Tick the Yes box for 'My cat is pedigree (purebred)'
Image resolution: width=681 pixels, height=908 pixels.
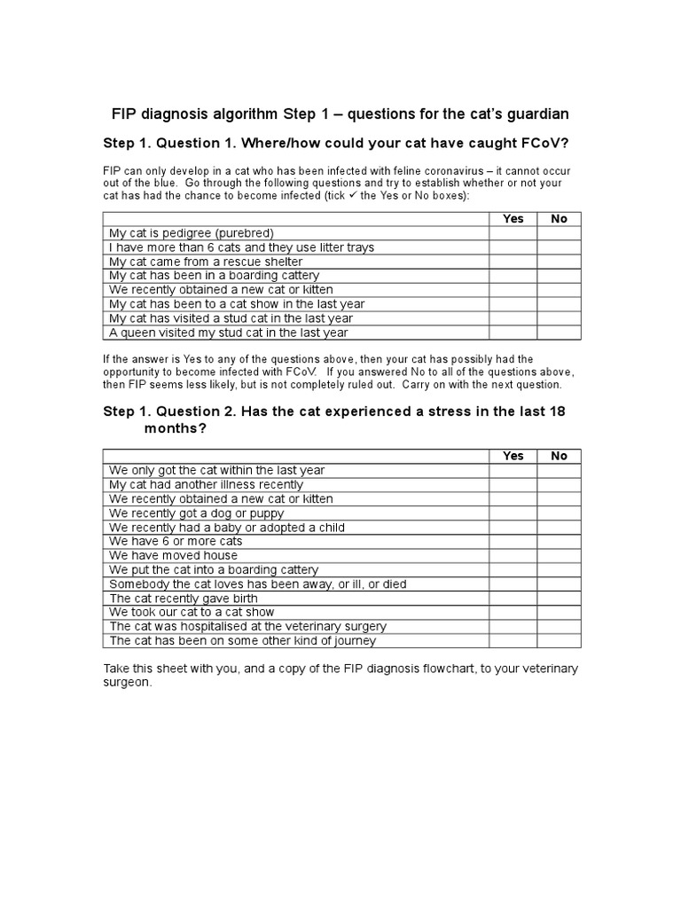[x=513, y=233]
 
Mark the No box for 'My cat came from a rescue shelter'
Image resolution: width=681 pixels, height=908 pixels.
[x=559, y=262]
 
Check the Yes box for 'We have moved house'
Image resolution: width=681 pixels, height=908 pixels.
[x=513, y=555]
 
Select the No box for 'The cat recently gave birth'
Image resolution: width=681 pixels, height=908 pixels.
[x=559, y=598]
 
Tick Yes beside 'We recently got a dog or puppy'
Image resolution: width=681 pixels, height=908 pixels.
[x=513, y=513]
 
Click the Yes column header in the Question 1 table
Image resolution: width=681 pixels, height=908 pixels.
[x=513, y=219]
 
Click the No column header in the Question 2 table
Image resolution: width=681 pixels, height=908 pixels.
[x=559, y=456]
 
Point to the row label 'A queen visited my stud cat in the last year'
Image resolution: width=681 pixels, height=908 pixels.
[x=228, y=333]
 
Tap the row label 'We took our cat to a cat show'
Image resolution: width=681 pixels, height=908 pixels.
[x=192, y=612]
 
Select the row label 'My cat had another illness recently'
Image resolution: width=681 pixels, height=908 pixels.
[x=206, y=484]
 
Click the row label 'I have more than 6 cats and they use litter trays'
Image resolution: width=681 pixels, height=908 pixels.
[x=241, y=247]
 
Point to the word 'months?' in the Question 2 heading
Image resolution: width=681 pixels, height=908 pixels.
[x=175, y=427]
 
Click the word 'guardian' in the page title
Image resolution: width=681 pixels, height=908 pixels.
[x=536, y=114]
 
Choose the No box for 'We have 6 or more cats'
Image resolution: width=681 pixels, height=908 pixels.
[x=559, y=541]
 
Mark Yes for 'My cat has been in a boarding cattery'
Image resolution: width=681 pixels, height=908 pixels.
[x=513, y=276]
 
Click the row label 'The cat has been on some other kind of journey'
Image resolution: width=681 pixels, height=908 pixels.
[x=242, y=640]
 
